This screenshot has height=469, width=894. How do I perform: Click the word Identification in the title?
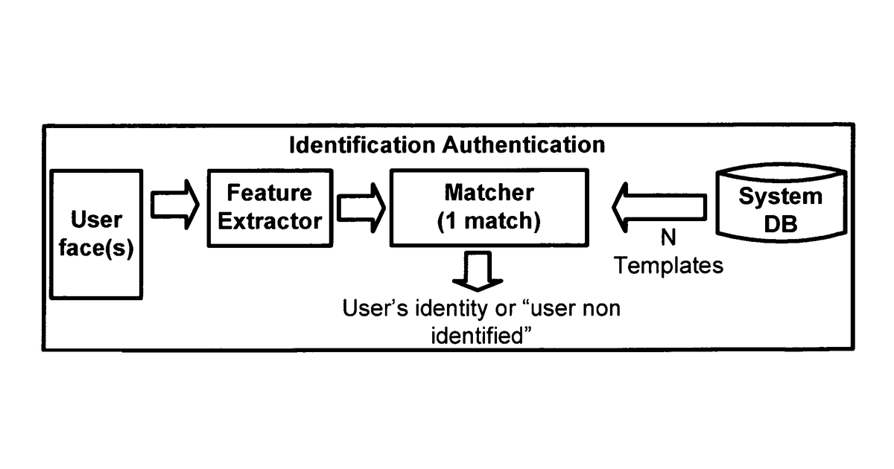coord(362,144)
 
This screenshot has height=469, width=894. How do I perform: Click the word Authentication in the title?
coord(524,144)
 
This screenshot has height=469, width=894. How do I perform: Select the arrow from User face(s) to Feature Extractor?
coord(175,205)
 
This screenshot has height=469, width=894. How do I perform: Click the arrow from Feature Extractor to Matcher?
coord(361,208)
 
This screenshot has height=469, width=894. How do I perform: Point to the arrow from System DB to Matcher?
coord(659,208)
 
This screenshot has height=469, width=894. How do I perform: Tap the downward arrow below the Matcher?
coord(478,271)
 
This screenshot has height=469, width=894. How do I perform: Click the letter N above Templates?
coord(668,237)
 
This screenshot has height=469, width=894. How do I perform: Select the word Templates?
coord(668,266)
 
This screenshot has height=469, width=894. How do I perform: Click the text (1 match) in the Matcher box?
coord(489,221)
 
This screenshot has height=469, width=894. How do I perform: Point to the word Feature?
coord(270,193)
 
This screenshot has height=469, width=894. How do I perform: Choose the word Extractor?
coord(270,221)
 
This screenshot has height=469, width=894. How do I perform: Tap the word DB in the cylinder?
coord(781,224)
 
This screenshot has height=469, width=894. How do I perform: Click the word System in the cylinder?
coord(781,197)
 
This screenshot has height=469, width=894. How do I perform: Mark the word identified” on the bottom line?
coord(482,336)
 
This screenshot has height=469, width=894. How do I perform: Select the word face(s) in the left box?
coord(96,249)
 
